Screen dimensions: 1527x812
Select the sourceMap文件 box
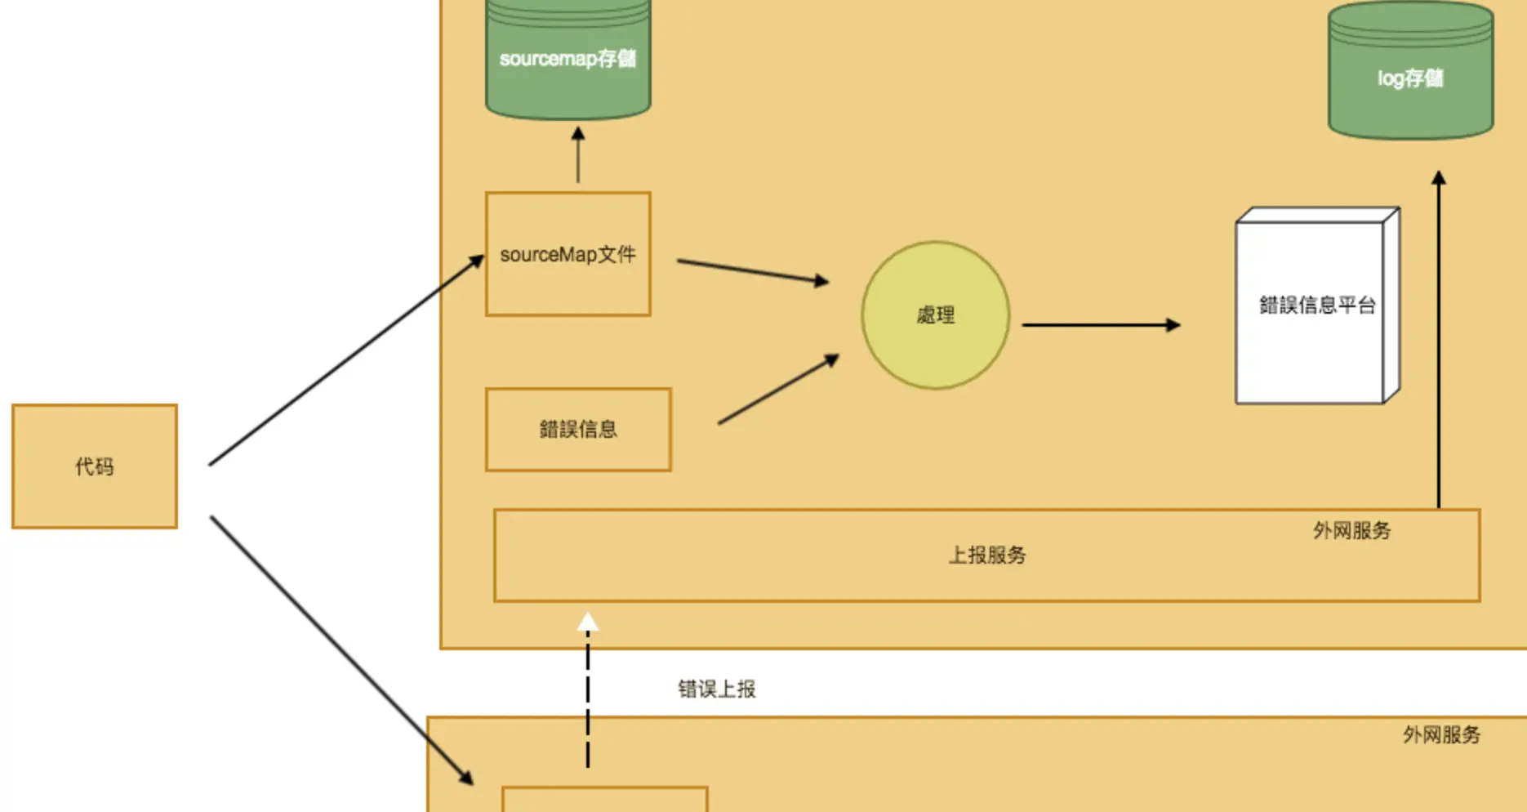568,254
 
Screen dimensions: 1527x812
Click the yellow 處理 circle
935,315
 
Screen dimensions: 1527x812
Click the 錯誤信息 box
578,430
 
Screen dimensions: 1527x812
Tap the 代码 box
95,466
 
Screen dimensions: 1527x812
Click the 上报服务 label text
986,555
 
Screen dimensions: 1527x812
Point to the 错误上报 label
717,689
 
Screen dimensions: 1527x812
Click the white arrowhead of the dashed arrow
588,624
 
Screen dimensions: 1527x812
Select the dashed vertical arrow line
588,703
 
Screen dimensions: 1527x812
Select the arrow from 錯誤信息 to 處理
778,390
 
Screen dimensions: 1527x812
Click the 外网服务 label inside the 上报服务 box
1351,531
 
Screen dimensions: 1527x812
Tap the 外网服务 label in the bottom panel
1441,735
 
